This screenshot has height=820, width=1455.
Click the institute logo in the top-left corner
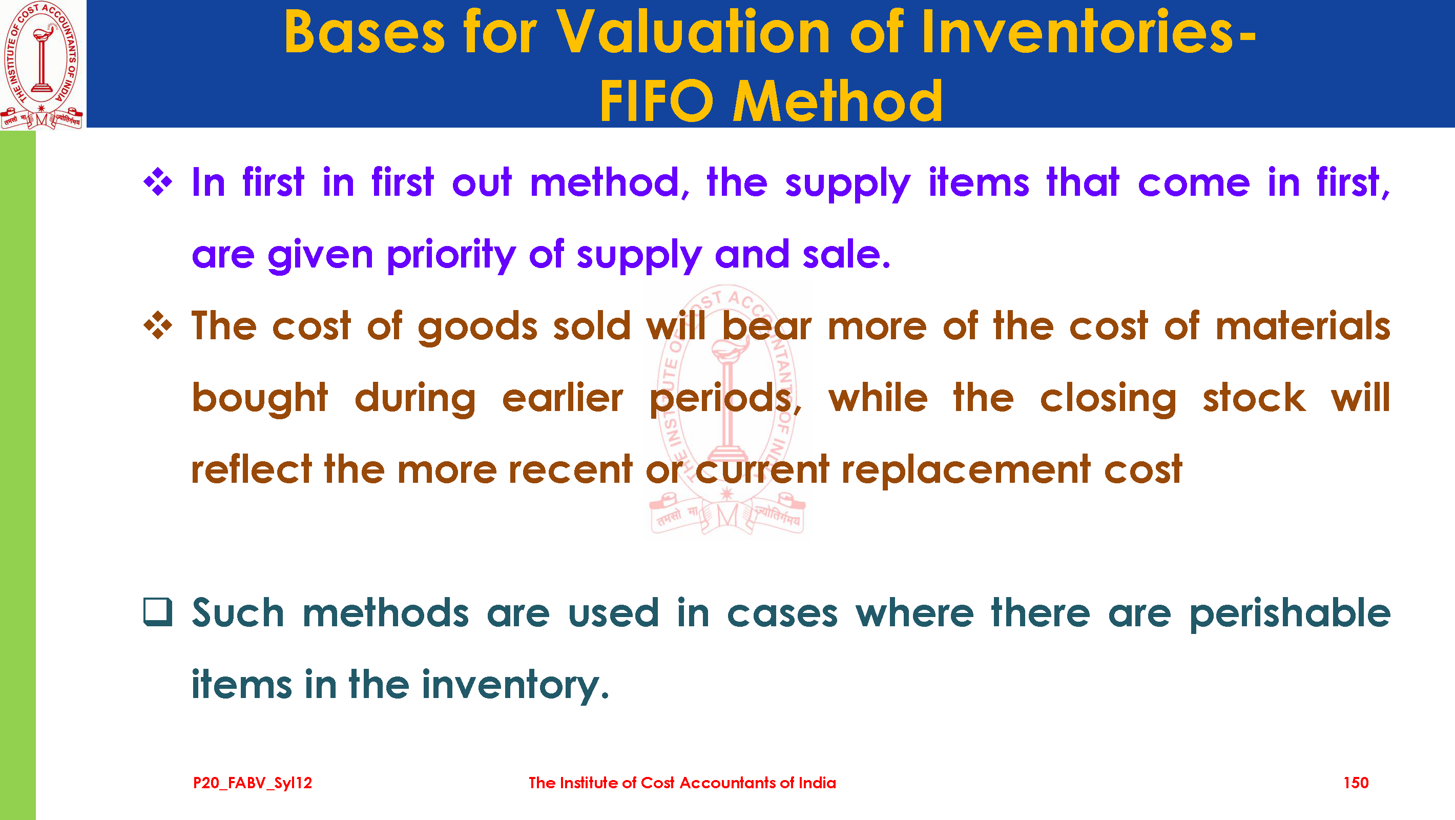pos(43,65)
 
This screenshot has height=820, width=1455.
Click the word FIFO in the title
pos(657,101)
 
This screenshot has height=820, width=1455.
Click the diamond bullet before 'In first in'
pos(158,182)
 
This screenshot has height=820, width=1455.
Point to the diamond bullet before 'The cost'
pos(158,325)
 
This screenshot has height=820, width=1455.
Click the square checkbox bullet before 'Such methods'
pos(158,612)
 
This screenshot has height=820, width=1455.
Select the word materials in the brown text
pos(1302,326)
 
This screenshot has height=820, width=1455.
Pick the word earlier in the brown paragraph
pos(563,398)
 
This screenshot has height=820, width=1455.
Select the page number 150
pos(1356,783)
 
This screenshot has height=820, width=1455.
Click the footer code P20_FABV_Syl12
pos(253,783)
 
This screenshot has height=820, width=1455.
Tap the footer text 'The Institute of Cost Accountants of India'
pos(682,783)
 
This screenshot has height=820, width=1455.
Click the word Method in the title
pos(837,101)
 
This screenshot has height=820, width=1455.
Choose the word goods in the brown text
pos(478,328)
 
